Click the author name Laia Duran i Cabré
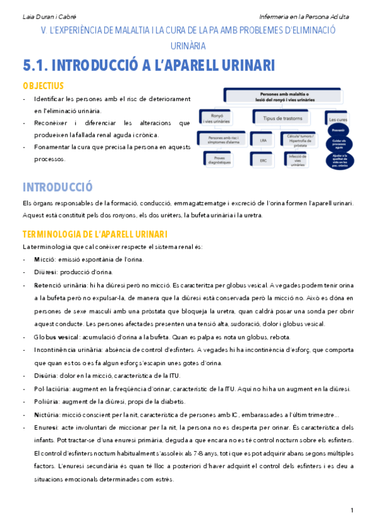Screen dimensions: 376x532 pyautogui.click(x=46, y=15)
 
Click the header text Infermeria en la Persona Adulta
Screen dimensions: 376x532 pyautogui.click(x=305, y=15)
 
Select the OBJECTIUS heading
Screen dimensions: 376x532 pyautogui.click(x=43, y=85)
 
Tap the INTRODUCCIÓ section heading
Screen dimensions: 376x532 pyautogui.click(x=57, y=187)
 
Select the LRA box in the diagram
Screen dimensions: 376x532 pyautogui.click(x=262, y=142)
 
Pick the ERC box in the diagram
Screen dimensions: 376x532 pyautogui.click(x=262, y=160)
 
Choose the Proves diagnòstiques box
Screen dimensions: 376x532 pyautogui.click(x=215, y=159)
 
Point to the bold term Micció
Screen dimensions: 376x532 pyautogui.click(x=45, y=259)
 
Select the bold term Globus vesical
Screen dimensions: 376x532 pyautogui.click(x=61, y=337)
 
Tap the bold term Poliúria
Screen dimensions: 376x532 pyautogui.click(x=48, y=402)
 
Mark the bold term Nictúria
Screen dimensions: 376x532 pyautogui.click(x=48, y=415)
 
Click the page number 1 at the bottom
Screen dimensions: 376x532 pyautogui.click(x=352, y=509)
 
